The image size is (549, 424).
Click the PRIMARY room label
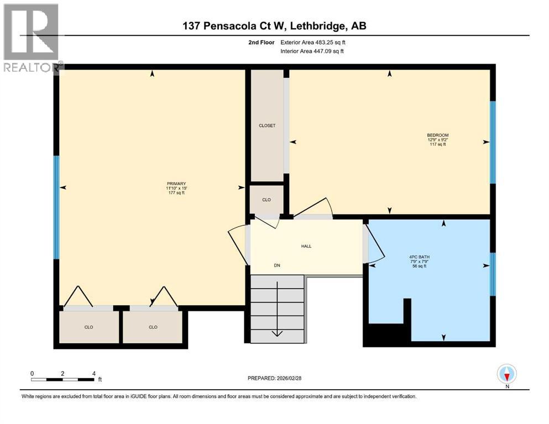point(176,184)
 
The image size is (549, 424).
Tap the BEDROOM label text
point(437,135)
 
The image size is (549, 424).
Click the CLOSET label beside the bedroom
point(267,125)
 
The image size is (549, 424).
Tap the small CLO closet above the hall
point(266,199)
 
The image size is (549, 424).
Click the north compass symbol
point(506,375)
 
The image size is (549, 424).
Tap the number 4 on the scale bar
point(94,373)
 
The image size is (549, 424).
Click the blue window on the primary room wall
point(56,207)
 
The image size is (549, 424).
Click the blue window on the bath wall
point(493,274)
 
